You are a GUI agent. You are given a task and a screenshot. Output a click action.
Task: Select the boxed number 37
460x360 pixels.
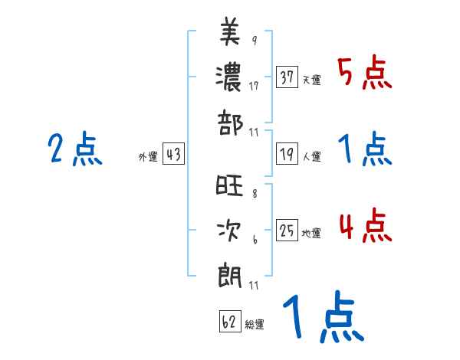[x=287, y=77]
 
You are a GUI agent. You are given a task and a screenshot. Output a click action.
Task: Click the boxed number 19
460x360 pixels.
[x=287, y=153]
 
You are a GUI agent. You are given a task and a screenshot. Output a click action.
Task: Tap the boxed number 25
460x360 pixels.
[x=287, y=230]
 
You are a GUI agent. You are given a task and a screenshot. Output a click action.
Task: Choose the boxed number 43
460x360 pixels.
[x=173, y=153]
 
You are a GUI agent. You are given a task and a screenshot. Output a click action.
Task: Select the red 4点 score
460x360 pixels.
[x=365, y=227]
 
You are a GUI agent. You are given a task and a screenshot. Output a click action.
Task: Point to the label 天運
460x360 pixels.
[x=312, y=80]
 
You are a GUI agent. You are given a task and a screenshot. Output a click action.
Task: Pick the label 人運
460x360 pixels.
[x=312, y=156]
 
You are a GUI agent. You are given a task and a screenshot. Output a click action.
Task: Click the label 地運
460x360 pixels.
[x=312, y=233]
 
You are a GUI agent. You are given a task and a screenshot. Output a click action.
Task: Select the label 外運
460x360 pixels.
[x=148, y=156]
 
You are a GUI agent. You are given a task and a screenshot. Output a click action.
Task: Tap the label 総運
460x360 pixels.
[x=255, y=324]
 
